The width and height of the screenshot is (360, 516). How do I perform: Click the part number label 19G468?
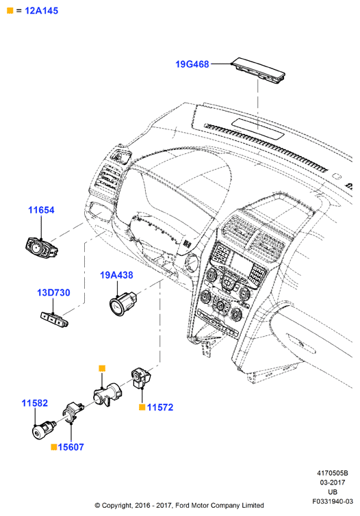point(192,64)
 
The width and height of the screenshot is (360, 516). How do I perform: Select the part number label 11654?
point(41,210)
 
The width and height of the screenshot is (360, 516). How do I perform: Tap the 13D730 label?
point(53,292)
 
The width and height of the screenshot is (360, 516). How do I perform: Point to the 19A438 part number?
point(116,275)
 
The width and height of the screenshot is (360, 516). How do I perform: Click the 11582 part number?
point(34,403)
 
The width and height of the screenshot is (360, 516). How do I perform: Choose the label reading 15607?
point(70,447)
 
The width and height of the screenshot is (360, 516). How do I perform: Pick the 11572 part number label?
point(160,407)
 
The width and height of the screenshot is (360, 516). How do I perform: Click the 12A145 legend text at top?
point(42,10)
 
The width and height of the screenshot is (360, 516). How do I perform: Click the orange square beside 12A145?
point(10,10)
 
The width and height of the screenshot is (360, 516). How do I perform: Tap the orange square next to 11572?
point(142,407)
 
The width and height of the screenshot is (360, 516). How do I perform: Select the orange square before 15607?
point(54,447)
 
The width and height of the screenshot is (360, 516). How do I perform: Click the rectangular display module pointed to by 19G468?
point(258,69)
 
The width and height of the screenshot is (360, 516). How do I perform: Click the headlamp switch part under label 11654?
point(42,248)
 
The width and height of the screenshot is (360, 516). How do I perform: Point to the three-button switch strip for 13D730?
point(54,319)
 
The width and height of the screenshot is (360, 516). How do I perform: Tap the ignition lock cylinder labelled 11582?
point(43,430)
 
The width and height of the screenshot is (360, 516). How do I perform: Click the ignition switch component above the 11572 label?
point(142,378)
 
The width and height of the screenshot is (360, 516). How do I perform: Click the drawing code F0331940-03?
point(333,502)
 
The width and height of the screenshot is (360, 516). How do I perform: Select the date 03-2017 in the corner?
point(333,482)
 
